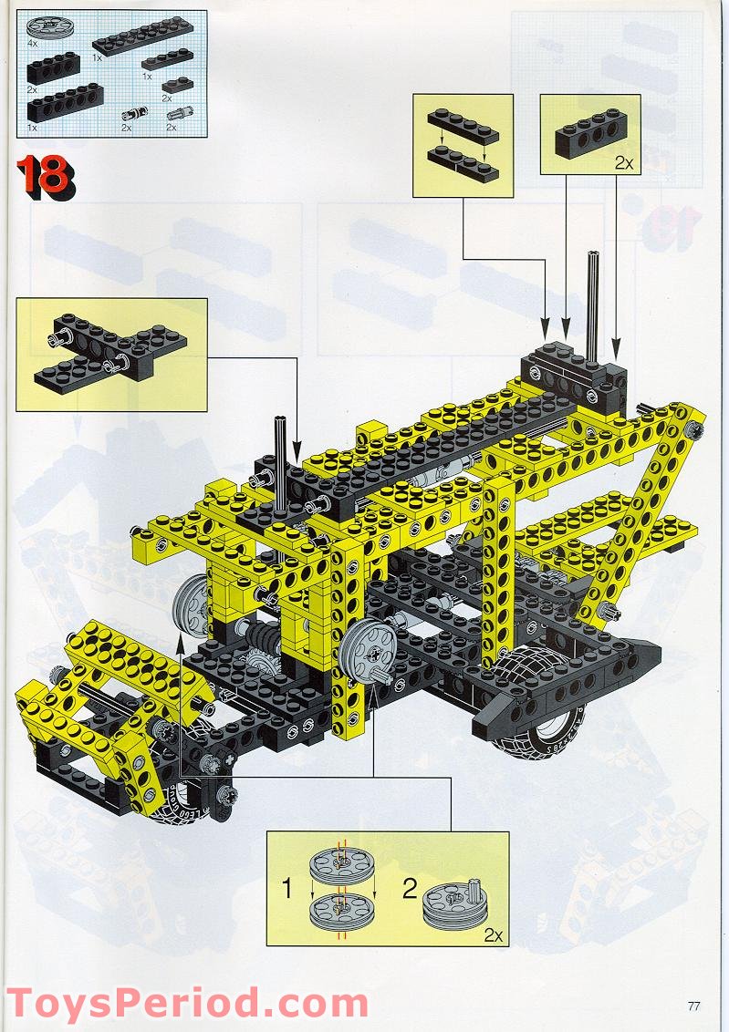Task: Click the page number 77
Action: tap(693, 1006)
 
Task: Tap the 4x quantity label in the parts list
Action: tap(33, 43)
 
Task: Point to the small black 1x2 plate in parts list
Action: tap(178, 87)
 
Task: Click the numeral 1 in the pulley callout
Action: tap(287, 887)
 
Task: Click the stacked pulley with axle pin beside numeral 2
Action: tap(452, 902)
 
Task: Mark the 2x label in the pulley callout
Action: tap(494, 934)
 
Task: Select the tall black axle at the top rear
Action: tap(594, 305)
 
